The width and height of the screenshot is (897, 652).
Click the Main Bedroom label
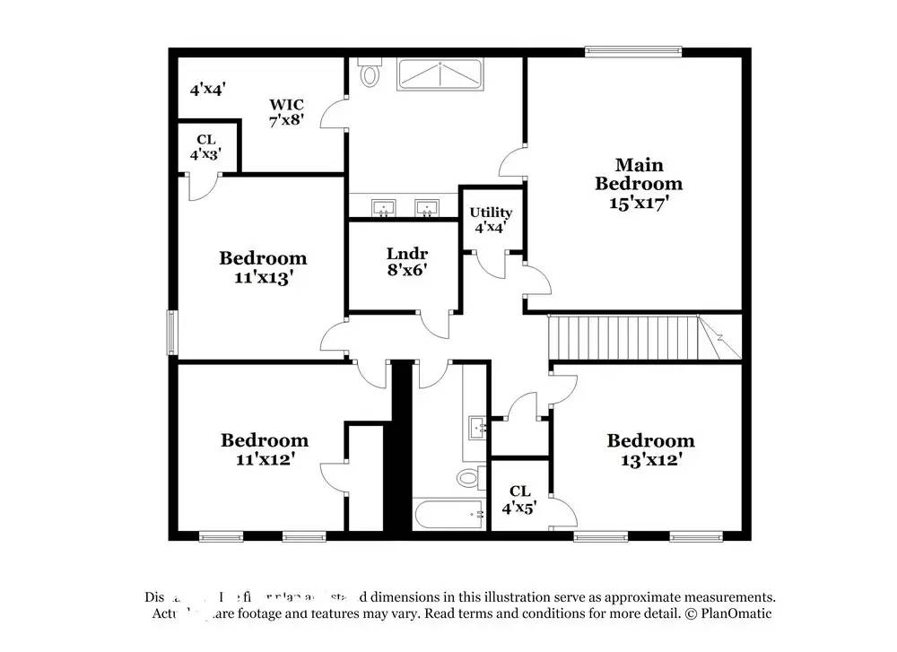(x=639, y=174)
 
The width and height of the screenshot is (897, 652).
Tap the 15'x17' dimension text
(x=639, y=203)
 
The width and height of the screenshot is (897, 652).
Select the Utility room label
(x=491, y=213)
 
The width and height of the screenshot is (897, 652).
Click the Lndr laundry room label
(x=406, y=253)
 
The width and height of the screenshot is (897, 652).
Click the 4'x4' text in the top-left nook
(x=207, y=89)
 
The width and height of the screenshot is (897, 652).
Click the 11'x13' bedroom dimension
(x=263, y=278)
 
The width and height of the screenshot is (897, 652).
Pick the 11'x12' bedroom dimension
(x=265, y=458)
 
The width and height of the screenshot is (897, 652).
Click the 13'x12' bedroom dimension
(x=650, y=459)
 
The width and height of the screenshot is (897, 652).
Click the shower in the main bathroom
(x=440, y=74)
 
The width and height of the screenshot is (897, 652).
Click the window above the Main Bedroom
(x=633, y=52)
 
